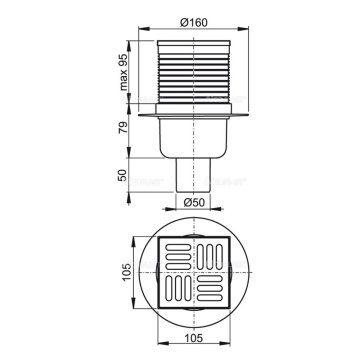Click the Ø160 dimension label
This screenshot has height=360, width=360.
point(194,22)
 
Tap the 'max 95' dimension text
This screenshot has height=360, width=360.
point(124,71)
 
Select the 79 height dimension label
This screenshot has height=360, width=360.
point(124,128)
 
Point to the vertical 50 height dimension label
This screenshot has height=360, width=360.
point(124,175)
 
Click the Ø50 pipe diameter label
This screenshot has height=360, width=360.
point(193,202)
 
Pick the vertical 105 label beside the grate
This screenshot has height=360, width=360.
point(127,272)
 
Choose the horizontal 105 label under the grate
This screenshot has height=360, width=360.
point(193,338)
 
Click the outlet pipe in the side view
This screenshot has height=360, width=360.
point(193,175)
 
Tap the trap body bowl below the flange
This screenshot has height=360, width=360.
point(193,138)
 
